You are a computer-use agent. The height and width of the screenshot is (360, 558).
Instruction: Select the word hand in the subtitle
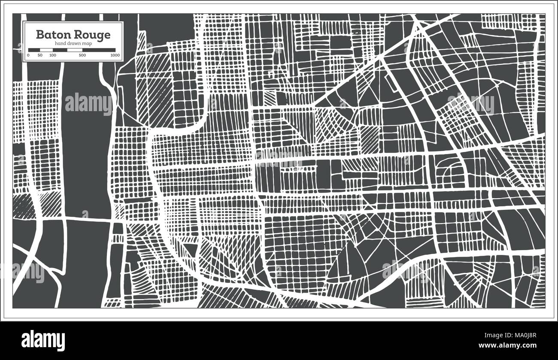[60, 44]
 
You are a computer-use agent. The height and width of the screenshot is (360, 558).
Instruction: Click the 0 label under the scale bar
[28, 55]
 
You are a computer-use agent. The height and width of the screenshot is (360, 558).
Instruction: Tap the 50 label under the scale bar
[40, 55]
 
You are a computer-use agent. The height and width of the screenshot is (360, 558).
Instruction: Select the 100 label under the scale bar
[52, 55]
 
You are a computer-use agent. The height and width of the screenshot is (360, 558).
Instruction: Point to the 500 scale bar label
[82, 55]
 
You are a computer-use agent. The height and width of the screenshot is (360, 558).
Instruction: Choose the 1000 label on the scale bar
[115, 55]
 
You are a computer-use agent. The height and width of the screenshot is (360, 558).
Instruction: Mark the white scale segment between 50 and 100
[46, 50]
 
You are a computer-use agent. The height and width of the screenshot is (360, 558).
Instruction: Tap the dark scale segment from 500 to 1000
[99, 50]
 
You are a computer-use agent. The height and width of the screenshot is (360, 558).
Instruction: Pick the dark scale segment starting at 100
[60, 50]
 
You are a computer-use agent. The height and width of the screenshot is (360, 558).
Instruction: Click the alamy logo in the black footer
[43, 341]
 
